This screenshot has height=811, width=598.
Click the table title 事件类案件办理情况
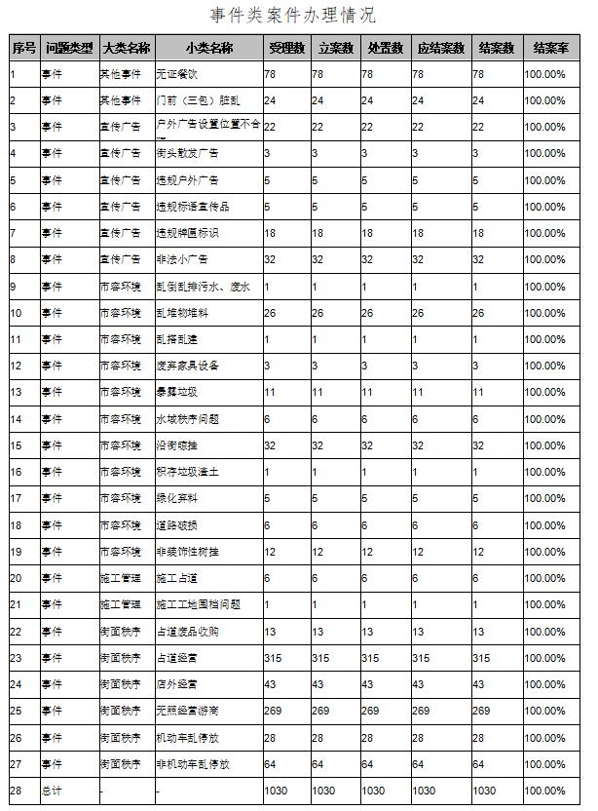point(293,16)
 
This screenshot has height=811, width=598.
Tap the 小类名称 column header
point(208,48)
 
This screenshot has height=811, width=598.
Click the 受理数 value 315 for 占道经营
point(273,658)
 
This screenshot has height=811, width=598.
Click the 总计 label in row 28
point(50,791)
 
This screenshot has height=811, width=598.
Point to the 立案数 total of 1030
point(324,791)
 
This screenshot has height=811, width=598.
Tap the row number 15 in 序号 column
point(16,445)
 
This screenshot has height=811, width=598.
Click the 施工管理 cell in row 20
point(120,578)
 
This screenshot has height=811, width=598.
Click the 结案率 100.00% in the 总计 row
point(544,791)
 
